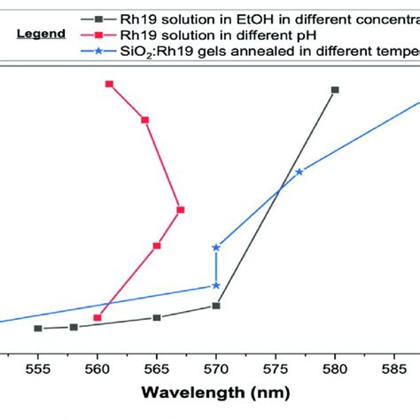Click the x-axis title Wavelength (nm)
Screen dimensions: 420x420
click(216, 392)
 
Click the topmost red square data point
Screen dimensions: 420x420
click(109, 84)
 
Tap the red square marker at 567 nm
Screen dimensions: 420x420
click(181, 210)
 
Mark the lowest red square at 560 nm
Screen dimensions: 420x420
click(97, 317)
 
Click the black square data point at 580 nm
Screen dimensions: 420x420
click(335, 89)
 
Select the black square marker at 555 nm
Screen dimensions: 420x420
click(38, 329)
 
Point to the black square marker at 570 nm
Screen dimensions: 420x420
click(216, 306)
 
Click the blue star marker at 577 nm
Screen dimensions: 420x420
click(299, 172)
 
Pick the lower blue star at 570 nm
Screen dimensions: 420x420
click(216, 285)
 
